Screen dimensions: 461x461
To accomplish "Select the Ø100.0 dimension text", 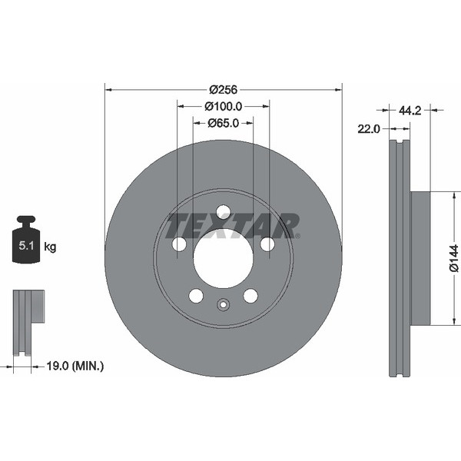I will [x=224, y=107].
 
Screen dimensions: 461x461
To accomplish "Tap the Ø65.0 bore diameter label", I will [x=224, y=122].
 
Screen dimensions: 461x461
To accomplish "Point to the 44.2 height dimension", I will [x=409, y=111].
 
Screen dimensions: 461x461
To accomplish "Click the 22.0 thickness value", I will [x=369, y=129].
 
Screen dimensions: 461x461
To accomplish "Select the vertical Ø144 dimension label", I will [x=453, y=257].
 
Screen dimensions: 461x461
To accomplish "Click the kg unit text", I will [x=50, y=247].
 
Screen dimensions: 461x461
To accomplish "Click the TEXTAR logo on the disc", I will [x=233, y=226].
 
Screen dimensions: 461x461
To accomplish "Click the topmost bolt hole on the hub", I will [x=223, y=212].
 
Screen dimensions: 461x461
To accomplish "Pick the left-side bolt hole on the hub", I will [x=179, y=244].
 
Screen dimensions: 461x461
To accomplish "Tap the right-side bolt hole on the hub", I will [x=267, y=244].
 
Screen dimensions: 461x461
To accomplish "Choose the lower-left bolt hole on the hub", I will [x=196, y=296].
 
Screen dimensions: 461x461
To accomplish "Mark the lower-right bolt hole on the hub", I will [x=250, y=296].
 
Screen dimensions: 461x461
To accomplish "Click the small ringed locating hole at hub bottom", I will [x=223, y=305].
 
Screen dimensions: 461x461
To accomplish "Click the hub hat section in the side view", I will [x=420, y=258].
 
